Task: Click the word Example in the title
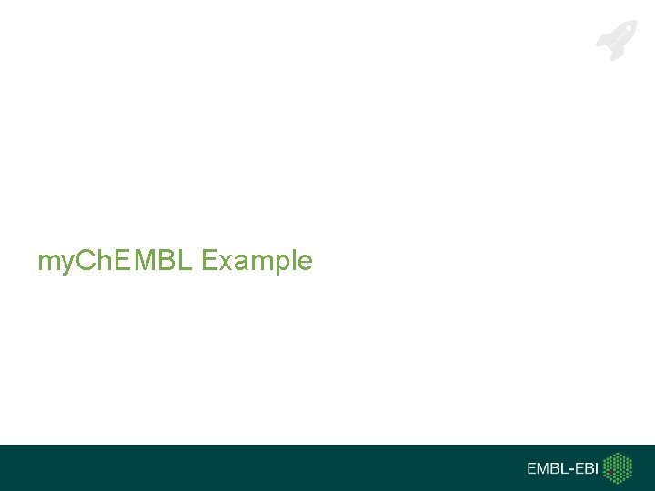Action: coord(257,262)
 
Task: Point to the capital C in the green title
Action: coord(82,262)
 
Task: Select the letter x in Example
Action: coord(223,263)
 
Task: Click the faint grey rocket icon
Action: coord(617,40)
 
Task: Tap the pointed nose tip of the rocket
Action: coord(634,23)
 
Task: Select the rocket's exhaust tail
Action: coord(602,55)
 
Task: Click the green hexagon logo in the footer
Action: coord(619,468)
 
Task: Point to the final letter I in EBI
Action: coord(598,469)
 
